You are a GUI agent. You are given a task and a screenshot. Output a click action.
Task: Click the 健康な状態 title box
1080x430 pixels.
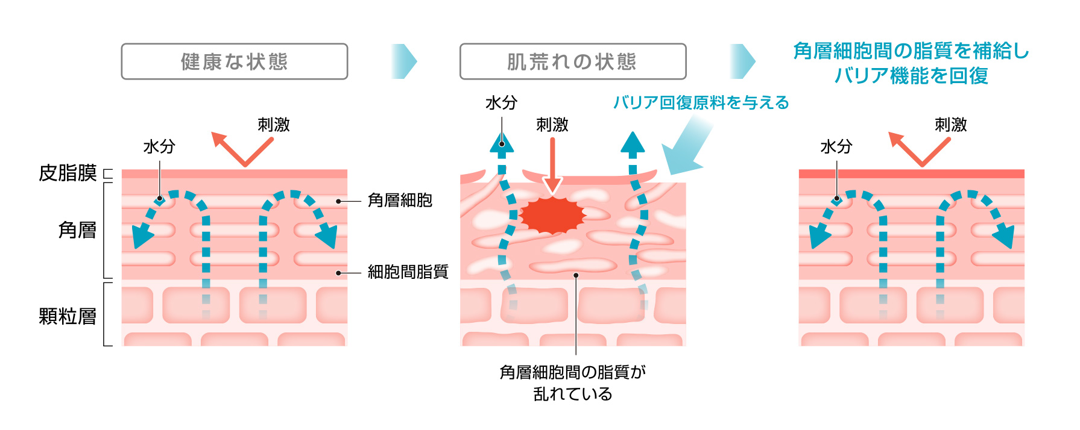pyautogui.click(x=235, y=61)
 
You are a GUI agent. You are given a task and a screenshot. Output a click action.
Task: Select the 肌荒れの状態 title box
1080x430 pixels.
pyautogui.click(x=573, y=61)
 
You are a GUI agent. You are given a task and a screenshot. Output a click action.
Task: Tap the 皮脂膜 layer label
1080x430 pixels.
pyautogui.click(x=68, y=173)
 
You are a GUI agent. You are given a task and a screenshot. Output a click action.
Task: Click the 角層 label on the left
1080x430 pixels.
pyautogui.click(x=77, y=230)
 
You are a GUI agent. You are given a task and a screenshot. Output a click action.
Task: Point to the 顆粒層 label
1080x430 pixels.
pyautogui.click(x=68, y=316)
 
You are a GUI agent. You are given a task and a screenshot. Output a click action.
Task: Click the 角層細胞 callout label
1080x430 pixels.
pyautogui.click(x=400, y=201)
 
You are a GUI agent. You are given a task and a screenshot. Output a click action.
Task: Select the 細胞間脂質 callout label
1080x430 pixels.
pyautogui.click(x=408, y=272)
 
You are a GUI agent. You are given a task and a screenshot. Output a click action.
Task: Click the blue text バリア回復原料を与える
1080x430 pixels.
pyautogui.click(x=701, y=103)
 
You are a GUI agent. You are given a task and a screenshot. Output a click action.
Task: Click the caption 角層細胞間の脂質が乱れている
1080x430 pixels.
pyautogui.click(x=573, y=383)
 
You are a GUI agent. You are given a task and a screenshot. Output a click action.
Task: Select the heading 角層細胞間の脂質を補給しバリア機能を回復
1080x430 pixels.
pyautogui.click(x=911, y=63)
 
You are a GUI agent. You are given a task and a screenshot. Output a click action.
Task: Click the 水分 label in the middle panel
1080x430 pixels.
pyautogui.click(x=501, y=103)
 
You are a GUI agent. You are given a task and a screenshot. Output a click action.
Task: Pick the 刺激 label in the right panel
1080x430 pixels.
pyautogui.click(x=950, y=125)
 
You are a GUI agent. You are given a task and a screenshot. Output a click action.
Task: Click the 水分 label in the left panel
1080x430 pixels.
pyautogui.click(x=159, y=146)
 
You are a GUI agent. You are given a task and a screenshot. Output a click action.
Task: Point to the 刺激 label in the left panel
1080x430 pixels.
pyautogui.click(x=274, y=125)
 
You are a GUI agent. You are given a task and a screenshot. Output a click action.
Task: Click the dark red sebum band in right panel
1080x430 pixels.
pyautogui.click(x=911, y=174)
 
